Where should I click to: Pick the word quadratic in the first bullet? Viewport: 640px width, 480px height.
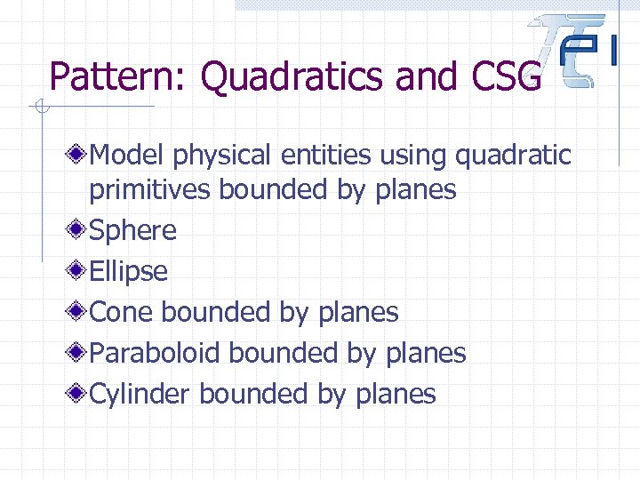click(513, 156)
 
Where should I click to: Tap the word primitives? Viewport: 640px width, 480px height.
click(150, 189)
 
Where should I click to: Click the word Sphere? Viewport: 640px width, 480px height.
click(133, 231)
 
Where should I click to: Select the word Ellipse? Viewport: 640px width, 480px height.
click(129, 271)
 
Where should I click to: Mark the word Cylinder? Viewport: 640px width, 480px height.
click(141, 394)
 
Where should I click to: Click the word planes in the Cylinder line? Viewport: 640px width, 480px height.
click(396, 394)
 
